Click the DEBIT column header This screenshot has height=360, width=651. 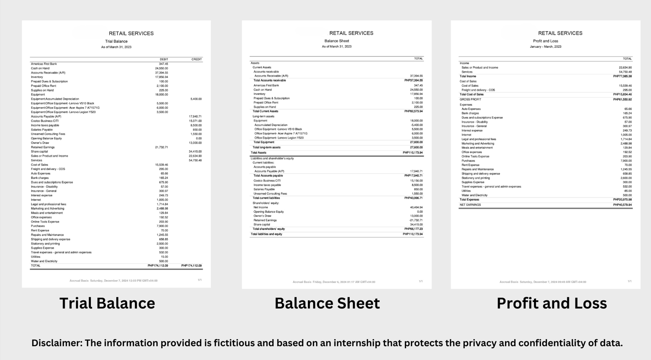pos(164,59)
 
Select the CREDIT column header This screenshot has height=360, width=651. pos(196,59)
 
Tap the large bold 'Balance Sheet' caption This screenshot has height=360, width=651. pos(327,303)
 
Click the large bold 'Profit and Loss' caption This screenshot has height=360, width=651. pos(551,303)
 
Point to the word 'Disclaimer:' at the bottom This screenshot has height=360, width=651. pos(56,343)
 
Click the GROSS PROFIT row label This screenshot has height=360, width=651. pos(470,99)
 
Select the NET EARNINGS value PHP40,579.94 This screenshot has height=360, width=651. pos(622,205)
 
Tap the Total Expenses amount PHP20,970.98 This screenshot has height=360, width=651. pos(622,200)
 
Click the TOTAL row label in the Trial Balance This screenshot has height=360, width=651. pos(36,265)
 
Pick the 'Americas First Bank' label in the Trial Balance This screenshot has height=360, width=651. pos(44,64)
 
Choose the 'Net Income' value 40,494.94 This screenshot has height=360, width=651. pos(416,207)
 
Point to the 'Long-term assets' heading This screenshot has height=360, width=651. pos(263,116)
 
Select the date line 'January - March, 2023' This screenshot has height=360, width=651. pos(545,47)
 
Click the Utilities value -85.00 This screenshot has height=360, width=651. pos(627,191)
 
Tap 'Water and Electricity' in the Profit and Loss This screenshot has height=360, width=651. pos(474,195)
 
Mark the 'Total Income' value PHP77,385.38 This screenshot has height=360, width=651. pos(622,76)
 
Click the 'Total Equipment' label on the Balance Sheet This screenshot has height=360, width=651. pos(264,142)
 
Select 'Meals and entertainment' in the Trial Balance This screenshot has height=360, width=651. pos(47,213)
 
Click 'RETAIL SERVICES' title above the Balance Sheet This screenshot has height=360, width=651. pos(351,33)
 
